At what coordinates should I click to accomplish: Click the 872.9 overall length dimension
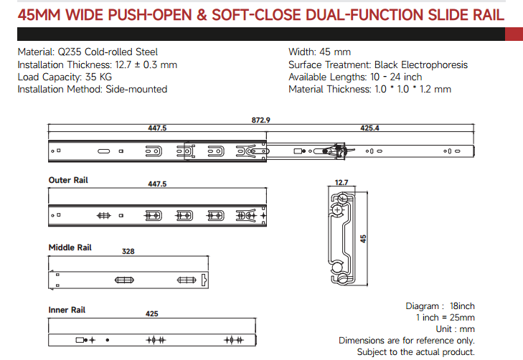(261, 120)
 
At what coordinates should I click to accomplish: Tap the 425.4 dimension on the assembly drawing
(369, 128)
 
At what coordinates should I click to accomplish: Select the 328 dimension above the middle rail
(128, 251)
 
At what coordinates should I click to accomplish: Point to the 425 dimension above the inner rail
(152, 313)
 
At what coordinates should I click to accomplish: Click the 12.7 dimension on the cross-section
(341, 183)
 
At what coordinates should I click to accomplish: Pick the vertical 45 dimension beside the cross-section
(363, 239)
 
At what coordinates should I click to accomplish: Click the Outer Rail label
(68, 180)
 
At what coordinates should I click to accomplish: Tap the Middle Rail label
(70, 247)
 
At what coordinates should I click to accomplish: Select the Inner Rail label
(67, 310)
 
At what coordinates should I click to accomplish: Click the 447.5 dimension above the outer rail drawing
(157, 184)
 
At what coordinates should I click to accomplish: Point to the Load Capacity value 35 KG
(98, 77)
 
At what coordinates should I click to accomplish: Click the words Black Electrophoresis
(421, 65)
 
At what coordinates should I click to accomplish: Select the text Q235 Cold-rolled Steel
(108, 52)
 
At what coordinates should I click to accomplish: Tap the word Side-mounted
(136, 90)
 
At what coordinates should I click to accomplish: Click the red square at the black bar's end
(514, 34)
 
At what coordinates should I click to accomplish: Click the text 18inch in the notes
(462, 306)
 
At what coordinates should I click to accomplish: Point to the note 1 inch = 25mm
(446, 318)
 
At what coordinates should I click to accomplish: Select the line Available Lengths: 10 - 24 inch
(355, 77)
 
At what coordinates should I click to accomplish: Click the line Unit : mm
(456, 329)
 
